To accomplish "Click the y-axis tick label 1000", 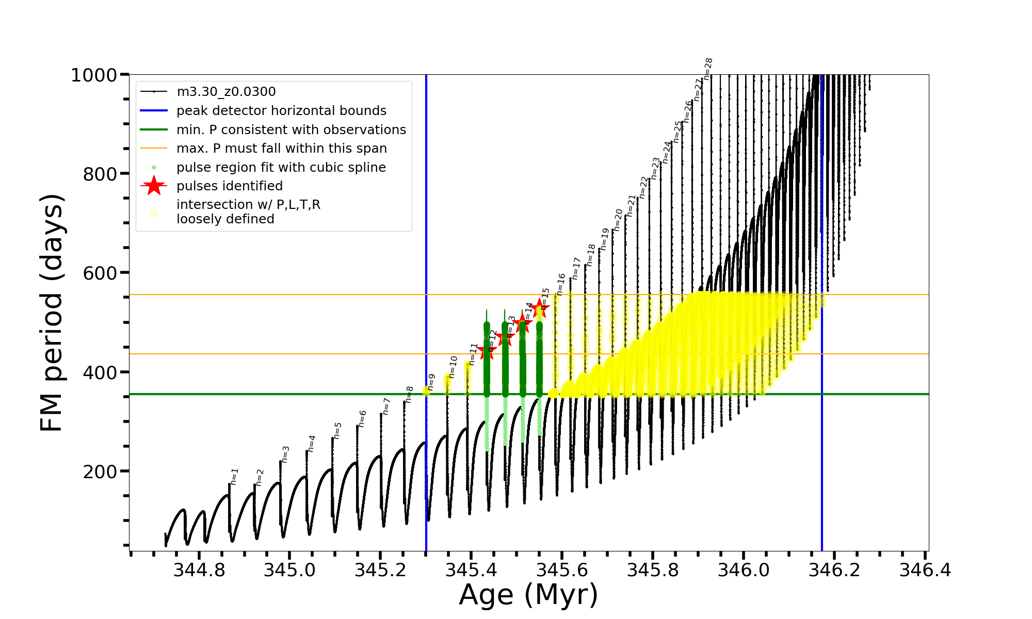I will point(94,75).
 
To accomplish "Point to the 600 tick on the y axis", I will point(100,273).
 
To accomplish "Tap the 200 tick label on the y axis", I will point(100,471).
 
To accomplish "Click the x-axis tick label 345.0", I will point(289,570).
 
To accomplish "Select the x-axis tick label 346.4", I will point(925,570).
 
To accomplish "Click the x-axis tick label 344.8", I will point(199,570).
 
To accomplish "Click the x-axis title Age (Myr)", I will point(528,595).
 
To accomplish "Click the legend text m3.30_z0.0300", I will point(226,92).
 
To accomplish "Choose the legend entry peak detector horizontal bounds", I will point(281,111).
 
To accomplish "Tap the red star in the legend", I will point(154,186).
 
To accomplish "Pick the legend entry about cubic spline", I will point(281,168).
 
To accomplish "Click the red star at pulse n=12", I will point(487,351).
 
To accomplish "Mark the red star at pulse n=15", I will point(540,308).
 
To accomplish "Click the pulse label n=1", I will point(234,477).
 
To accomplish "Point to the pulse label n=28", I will point(708,69).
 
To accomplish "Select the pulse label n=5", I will point(337,431).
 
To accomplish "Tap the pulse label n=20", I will point(618,220).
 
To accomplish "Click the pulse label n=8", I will point(409,395).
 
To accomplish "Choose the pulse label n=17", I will point(576,269).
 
